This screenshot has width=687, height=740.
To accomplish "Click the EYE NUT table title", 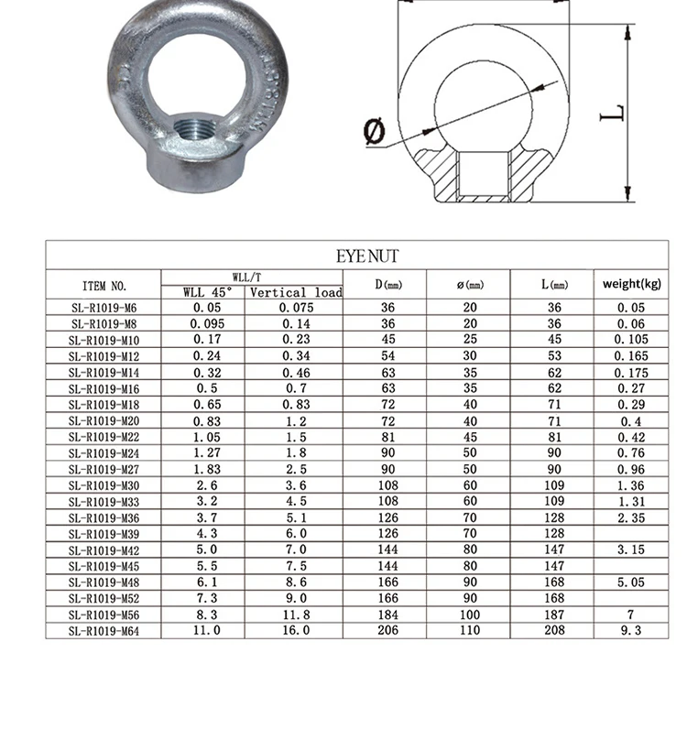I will click(366, 256).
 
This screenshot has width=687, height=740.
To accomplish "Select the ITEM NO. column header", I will click(104, 285).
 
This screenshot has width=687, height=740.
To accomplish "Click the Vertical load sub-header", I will click(295, 293).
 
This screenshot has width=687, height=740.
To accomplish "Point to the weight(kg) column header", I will click(631, 283).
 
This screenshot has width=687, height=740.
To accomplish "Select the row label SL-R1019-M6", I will click(104, 308).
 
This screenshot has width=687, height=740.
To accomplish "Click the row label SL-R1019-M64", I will click(104, 631).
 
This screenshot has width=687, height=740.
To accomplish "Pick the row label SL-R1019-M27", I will click(104, 469).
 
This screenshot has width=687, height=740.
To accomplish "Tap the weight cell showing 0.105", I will click(631, 340).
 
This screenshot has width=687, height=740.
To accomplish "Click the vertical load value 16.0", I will click(295, 631).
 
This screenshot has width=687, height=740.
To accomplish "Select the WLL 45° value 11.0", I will click(203, 631).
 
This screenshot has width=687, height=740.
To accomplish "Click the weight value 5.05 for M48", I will click(631, 582).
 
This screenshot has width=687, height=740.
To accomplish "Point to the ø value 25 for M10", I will click(470, 340).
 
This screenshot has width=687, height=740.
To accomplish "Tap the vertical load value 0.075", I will click(295, 308).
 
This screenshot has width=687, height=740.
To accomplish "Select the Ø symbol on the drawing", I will click(374, 133).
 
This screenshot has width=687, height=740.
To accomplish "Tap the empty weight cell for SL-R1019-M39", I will click(631, 534).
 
